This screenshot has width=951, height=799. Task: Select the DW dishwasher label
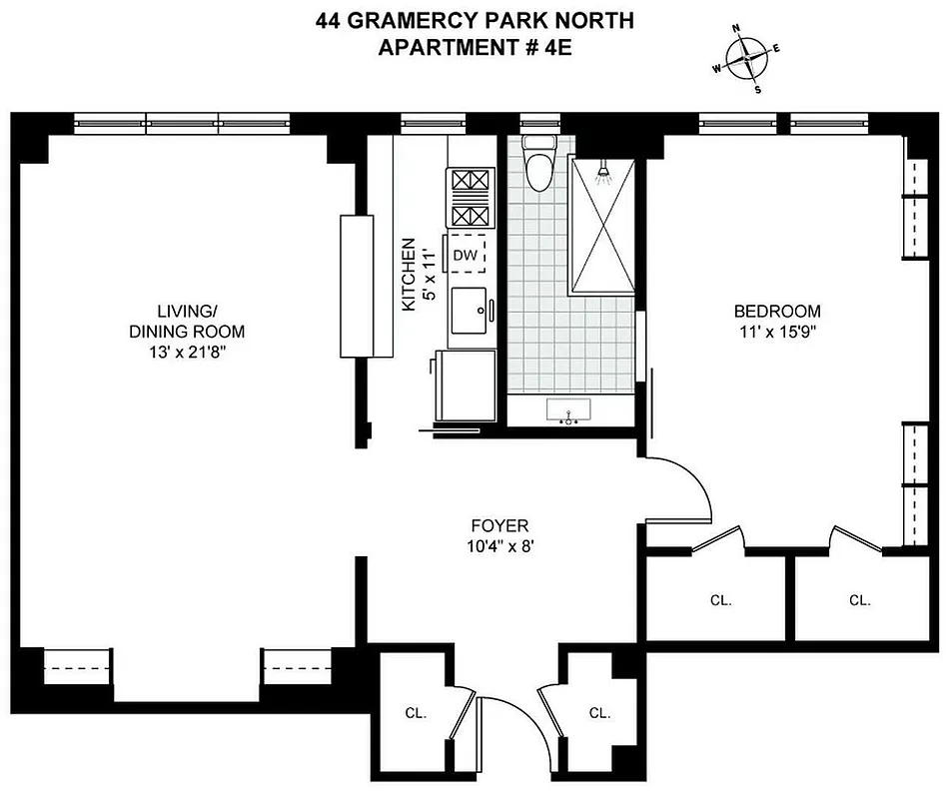[465, 255]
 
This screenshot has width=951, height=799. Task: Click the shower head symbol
[602, 175]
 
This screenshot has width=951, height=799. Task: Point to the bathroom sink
[569, 411]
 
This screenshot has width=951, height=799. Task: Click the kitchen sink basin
[468, 311]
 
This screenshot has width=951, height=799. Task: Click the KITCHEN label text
[408, 275]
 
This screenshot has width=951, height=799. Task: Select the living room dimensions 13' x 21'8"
[186, 351]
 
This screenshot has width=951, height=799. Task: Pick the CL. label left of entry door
[417, 713]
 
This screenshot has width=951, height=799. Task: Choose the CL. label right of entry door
[599, 713]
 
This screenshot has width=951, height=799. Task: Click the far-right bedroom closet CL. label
[860, 600]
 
